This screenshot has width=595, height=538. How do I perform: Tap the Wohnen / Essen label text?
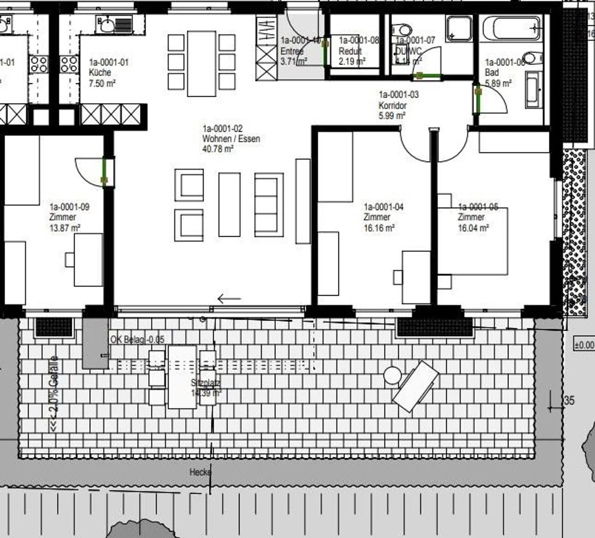click(x=231, y=139)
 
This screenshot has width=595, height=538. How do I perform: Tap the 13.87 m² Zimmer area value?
click(x=65, y=228)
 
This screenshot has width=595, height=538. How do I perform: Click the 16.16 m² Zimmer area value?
click(x=379, y=228)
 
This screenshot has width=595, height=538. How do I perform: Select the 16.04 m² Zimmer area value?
click(x=473, y=228)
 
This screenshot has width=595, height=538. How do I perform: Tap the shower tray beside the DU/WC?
click(x=459, y=28)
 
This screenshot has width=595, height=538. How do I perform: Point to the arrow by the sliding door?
click(x=229, y=298)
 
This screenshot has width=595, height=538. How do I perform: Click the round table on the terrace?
click(x=392, y=375)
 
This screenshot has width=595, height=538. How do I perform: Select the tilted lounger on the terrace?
click(x=415, y=386)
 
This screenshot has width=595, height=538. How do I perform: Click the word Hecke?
click(x=200, y=472)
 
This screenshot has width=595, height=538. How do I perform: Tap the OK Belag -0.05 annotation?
click(x=137, y=340)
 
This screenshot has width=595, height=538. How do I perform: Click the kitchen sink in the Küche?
click(x=106, y=26)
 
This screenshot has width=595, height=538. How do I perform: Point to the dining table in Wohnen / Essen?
click(x=202, y=63)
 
